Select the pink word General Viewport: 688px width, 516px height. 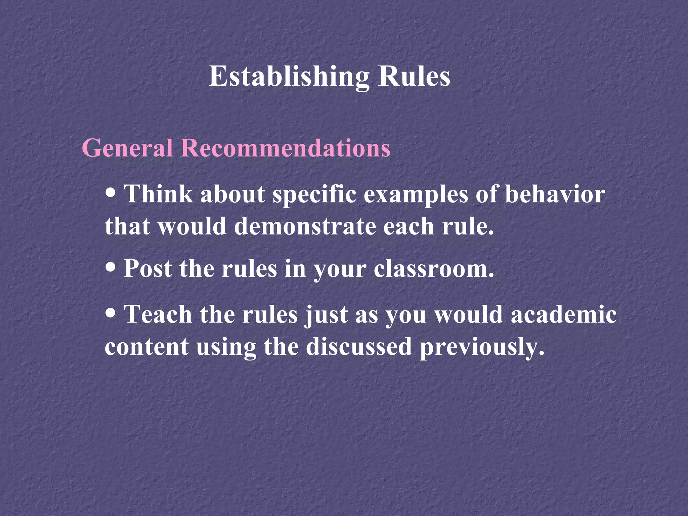[x=127, y=147]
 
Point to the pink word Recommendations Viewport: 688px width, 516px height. [x=286, y=147]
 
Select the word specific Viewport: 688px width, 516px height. [x=314, y=195]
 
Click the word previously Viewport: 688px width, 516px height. [x=482, y=347]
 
